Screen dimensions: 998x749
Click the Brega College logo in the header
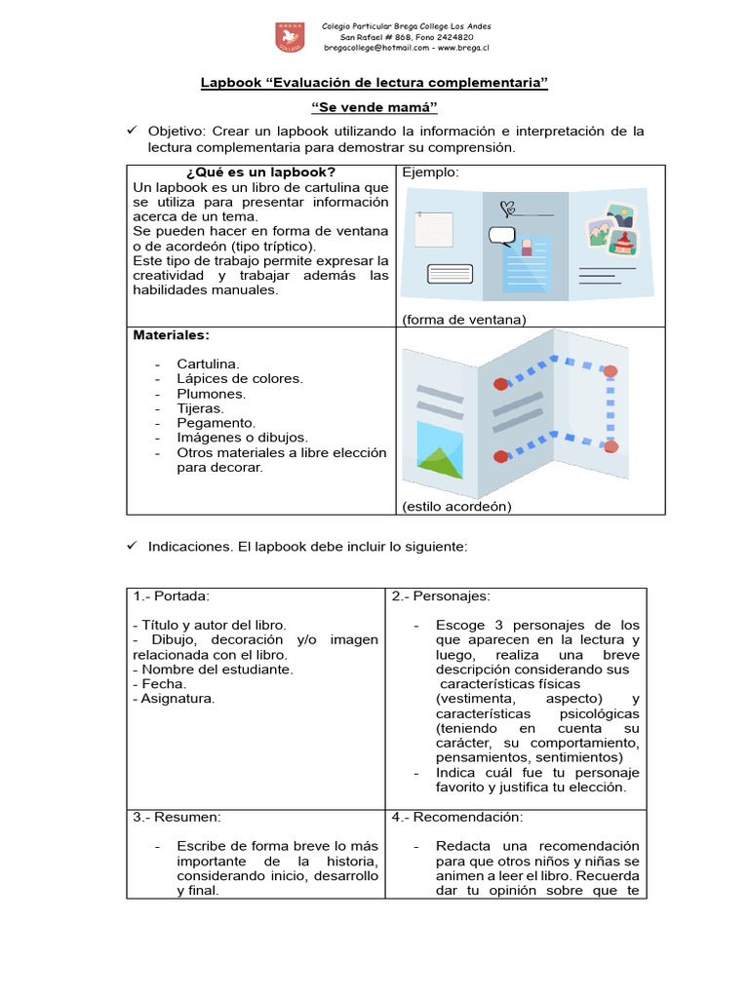click(290, 38)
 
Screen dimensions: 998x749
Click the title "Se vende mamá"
click(374, 107)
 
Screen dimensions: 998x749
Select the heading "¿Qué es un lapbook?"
click(260, 173)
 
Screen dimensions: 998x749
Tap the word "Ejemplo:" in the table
click(430, 173)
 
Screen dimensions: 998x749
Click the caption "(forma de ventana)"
click(463, 319)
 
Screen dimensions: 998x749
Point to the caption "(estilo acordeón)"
click(456, 506)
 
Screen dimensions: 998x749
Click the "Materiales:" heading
click(171, 334)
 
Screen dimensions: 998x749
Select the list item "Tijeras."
click(200, 408)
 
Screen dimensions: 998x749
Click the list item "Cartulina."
click(208, 364)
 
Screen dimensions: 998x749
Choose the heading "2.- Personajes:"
click(441, 595)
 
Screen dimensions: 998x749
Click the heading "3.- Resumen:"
click(177, 817)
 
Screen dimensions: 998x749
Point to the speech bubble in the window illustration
click(501, 234)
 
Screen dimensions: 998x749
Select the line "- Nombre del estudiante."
click(213, 669)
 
